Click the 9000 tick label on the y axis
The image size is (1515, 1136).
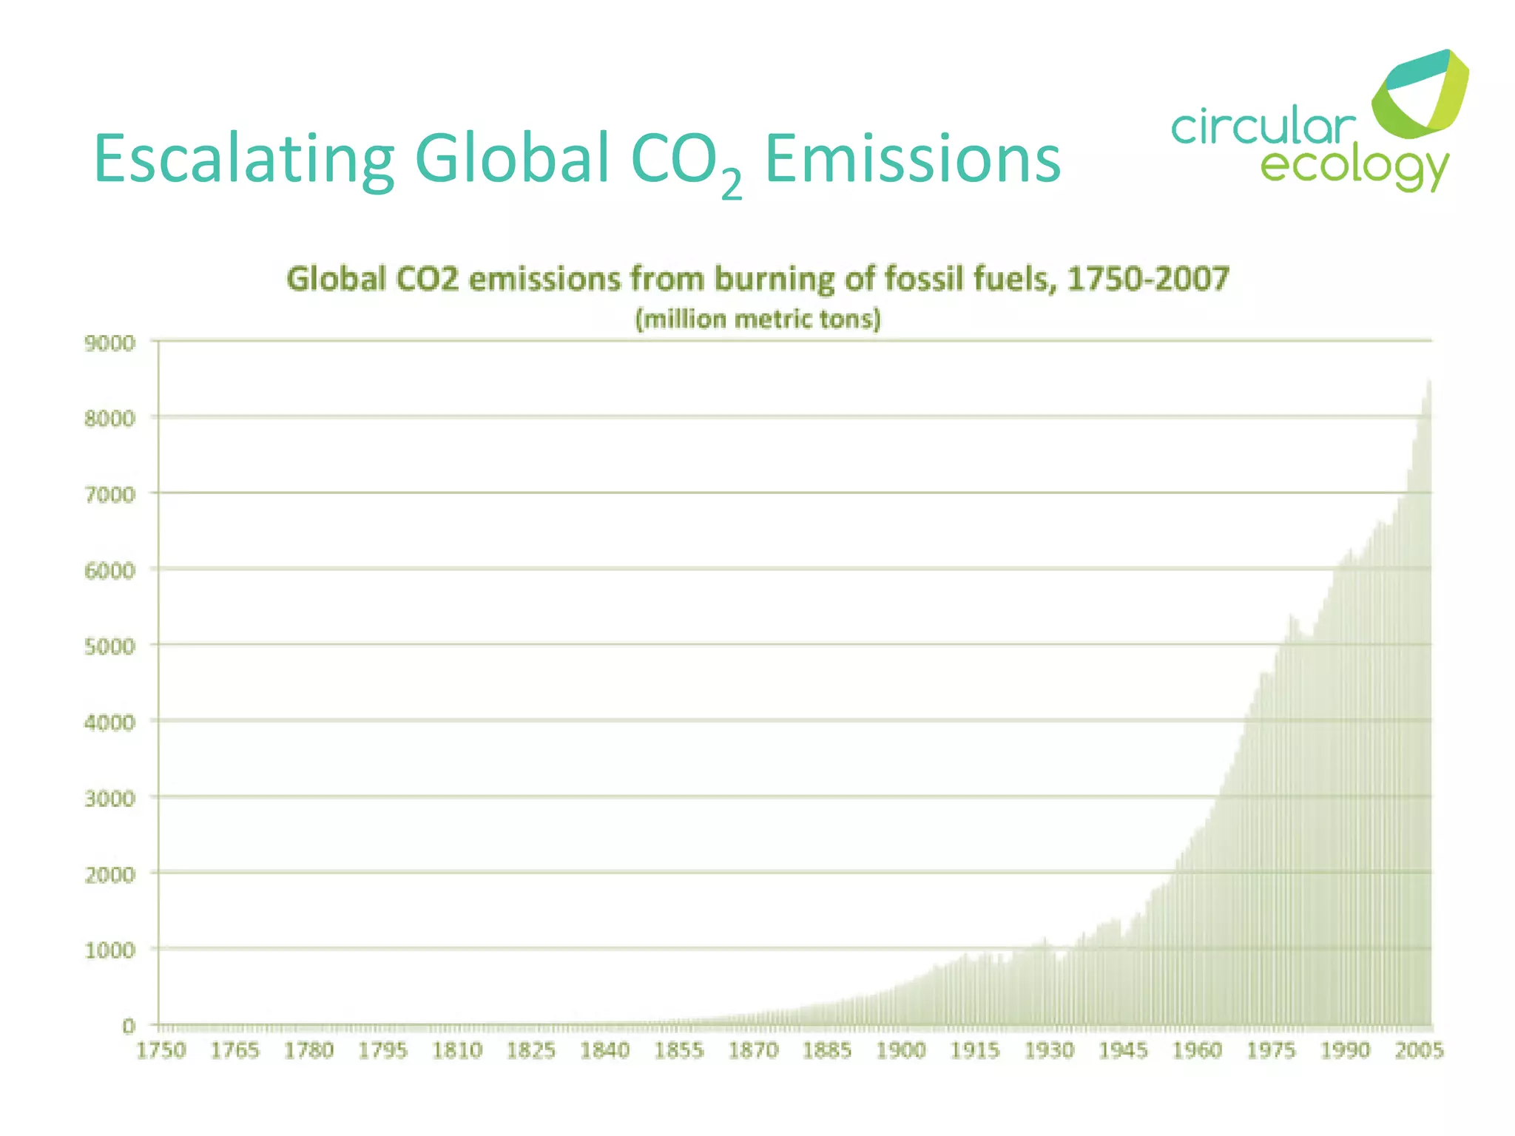110,343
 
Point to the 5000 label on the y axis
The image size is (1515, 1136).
110,647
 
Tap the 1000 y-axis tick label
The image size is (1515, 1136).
110,950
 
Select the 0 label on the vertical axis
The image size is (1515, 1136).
129,1027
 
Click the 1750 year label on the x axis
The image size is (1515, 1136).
161,1050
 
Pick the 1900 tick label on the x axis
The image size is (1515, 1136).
901,1050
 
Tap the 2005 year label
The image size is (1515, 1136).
1419,1050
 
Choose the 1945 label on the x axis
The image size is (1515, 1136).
1123,1050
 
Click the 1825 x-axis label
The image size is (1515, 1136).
531,1050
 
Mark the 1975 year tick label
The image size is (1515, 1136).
1271,1050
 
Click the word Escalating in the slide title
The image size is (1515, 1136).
244,159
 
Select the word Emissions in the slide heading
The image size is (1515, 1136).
912,159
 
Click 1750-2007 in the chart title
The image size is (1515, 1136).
1148,280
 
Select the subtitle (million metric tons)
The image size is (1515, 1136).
758,319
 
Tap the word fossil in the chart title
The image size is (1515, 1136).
925,280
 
